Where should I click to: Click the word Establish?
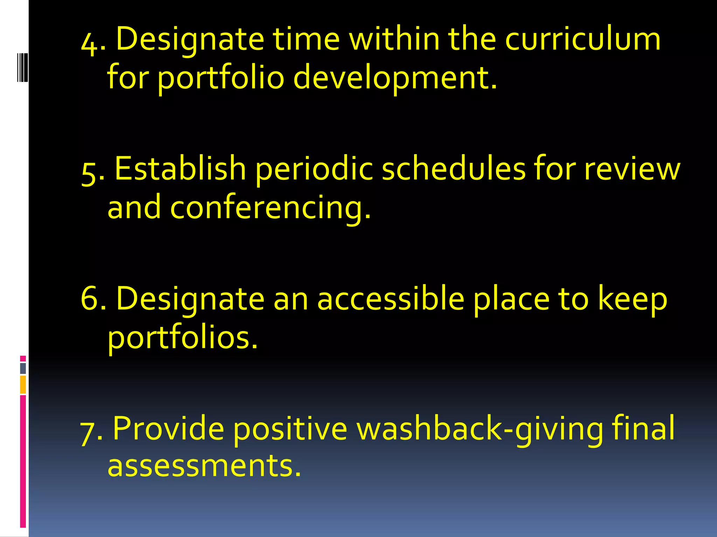[x=180, y=169]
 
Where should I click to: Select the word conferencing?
[x=270, y=208]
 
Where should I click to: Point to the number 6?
[x=89, y=299]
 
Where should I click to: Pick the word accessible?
[x=390, y=299]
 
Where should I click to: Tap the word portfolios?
[x=182, y=338]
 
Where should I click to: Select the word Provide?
[x=168, y=428]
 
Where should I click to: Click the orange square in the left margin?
[x=23, y=384]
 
